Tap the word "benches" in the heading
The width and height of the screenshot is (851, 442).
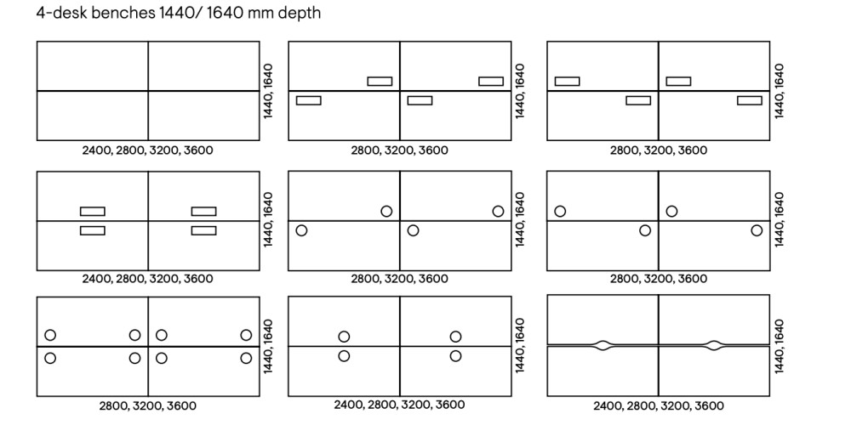pyautogui.click(x=124, y=14)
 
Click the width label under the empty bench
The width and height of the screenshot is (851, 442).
pyautogui.click(x=147, y=150)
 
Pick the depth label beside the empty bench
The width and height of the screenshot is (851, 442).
pyautogui.click(x=268, y=90)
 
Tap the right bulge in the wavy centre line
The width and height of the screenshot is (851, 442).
pyautogui.click(x=713, y=345)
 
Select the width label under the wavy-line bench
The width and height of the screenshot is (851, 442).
pyautogui.click(x=658, y=406)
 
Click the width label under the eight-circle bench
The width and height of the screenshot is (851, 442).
pyautogui.click(x=147, y=406)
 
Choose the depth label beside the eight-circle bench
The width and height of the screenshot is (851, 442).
pyautogui.click(x=268, y=346)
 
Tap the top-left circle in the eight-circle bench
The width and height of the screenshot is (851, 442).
pyautogui.click(x=50, y=335)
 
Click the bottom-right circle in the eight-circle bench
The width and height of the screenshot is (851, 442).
pyautogui.click(x=246, y=358)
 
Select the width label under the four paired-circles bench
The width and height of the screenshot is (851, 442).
pyautogui.click(x=399, y=405)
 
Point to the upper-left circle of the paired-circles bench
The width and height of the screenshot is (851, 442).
pyautogui.click(x=344, y=337)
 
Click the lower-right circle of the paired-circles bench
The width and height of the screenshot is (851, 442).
pyautogui.click(x=455, y=356)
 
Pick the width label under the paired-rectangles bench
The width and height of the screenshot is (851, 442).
pyautogui.click(x=147, y=279)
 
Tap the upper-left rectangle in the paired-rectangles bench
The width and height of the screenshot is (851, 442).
pyautogui.click(x=93, y=211)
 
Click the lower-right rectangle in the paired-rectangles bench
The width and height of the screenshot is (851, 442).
pyautogui.click(x=203, y=230)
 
